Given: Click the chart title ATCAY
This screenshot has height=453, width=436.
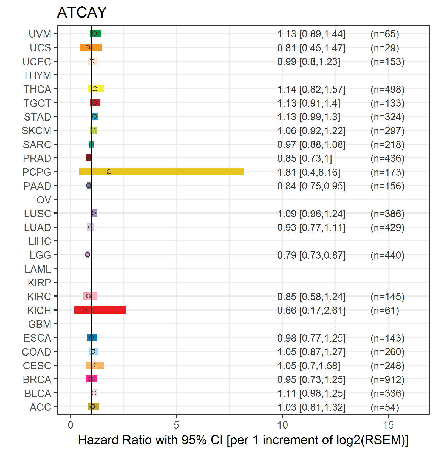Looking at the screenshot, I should (x=82, y=12).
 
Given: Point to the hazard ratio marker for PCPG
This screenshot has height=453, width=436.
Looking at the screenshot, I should (x=109, y=172).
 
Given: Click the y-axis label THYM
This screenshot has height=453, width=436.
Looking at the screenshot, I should (x=37, y=75).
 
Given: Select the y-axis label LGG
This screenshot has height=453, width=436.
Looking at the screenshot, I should (x=40, y=255).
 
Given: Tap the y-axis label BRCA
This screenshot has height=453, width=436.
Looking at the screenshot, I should (x=37, y=379).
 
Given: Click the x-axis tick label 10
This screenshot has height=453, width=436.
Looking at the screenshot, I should (x=282, y=425).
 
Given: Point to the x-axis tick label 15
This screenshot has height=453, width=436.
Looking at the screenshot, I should (x=388, y=425).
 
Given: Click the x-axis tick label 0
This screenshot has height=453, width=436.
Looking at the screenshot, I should (x=70, y=425).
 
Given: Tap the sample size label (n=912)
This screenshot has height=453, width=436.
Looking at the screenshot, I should (x=387, y=379).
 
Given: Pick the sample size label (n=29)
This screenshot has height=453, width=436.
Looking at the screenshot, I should (x=385, y=48).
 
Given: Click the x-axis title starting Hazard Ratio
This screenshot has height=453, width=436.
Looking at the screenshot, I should (x=243, y=440).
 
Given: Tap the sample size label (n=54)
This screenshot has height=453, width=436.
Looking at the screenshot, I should (x=385, y=407).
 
